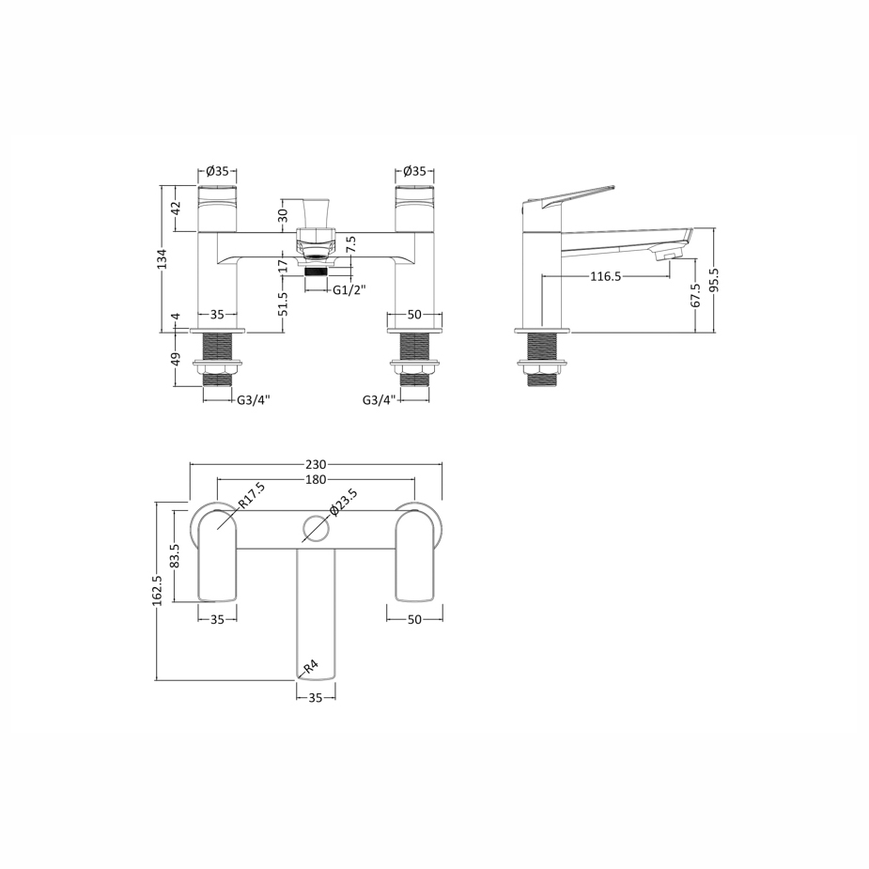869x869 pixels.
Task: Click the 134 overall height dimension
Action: [x=162, y=258]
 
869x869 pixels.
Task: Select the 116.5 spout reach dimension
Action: [x=605, y=276]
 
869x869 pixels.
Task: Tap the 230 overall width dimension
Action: [x=316, y=464]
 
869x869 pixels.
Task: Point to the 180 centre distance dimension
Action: [x=316, y=479]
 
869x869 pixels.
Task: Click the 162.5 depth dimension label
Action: [x=157, y=590]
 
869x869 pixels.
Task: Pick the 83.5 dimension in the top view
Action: [x=176, y=557]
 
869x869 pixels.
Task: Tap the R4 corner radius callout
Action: [x=310, y=666]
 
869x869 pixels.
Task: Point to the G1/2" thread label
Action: [x=349, y=289]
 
